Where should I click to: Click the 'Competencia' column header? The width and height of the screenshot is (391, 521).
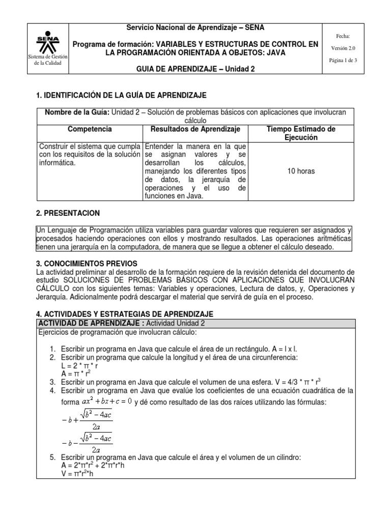coord(90,130)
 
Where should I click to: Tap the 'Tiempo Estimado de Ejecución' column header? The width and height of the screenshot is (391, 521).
coord(301,133)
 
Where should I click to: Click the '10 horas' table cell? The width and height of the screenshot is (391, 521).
coord(301,171)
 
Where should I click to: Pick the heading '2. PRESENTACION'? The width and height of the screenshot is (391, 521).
coord(68,213)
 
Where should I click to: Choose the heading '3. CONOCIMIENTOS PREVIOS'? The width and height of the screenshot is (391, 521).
coord(87,263)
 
